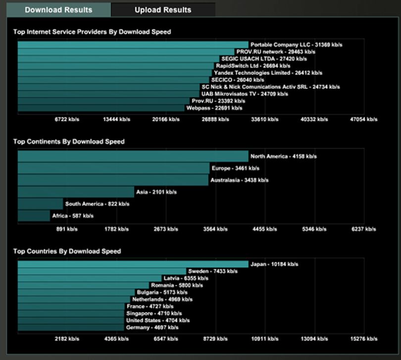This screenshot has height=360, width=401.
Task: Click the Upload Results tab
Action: pos(163,10)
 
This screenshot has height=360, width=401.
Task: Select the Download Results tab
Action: pos(58,10)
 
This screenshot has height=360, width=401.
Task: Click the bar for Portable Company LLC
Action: pos(133,45)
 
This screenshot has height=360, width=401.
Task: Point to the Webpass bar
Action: pos(101,108)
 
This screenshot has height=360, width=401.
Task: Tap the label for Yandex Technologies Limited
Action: pos(268,73)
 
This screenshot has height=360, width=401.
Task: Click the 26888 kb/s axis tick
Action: pos(215,119)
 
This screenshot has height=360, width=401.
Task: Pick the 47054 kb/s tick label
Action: pos(364,119)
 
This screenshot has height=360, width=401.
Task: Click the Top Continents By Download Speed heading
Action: pos(69,142)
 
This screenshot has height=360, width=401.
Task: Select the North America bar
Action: pos(133,156)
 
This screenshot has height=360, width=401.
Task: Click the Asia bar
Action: pos(76,192)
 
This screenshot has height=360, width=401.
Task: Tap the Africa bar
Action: pos(34,216)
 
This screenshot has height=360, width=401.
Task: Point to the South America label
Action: pos(97,204)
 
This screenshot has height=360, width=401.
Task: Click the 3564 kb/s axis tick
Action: pos(215,229)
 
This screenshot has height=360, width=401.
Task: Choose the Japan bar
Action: pos(133,264)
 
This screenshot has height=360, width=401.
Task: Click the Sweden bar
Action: pos(102,271)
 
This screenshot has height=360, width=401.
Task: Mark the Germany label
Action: pos(152,327)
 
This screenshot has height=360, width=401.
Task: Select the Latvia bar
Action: pos(90,278)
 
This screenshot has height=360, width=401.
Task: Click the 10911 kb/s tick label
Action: pos(265,339)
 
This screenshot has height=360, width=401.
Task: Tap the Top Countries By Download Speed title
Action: pos(67,251)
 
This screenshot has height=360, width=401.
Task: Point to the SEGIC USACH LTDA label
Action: pos(264,59)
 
